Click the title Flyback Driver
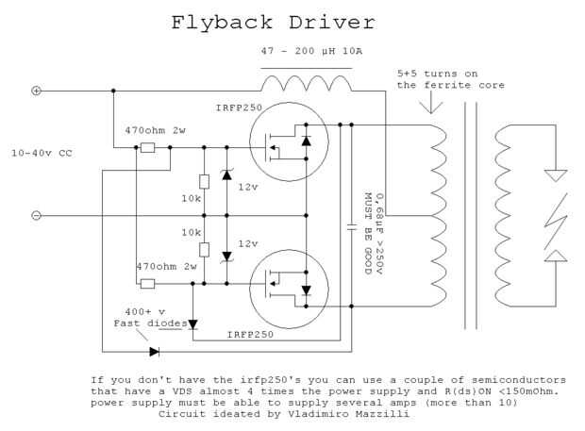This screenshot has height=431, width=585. pos(274,23)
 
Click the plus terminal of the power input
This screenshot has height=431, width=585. pos(37,91)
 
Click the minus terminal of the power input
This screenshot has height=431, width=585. pos(37,215)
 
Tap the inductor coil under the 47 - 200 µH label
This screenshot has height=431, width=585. pos(306,83)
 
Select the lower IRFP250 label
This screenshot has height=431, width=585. pos(250,335)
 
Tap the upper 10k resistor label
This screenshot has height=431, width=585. pos(192,200)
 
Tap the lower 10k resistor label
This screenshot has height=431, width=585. pos(192,232)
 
